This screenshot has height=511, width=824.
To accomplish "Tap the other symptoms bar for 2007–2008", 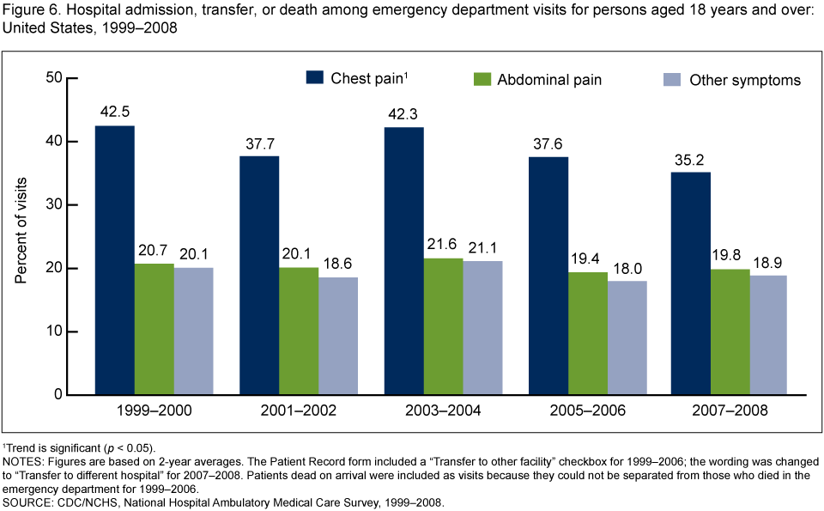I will [770, 335].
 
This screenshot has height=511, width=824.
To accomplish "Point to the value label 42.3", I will [403, 113].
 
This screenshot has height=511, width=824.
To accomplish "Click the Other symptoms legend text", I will [745, 80].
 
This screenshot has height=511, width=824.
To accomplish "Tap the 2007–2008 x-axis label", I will [730, 411].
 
